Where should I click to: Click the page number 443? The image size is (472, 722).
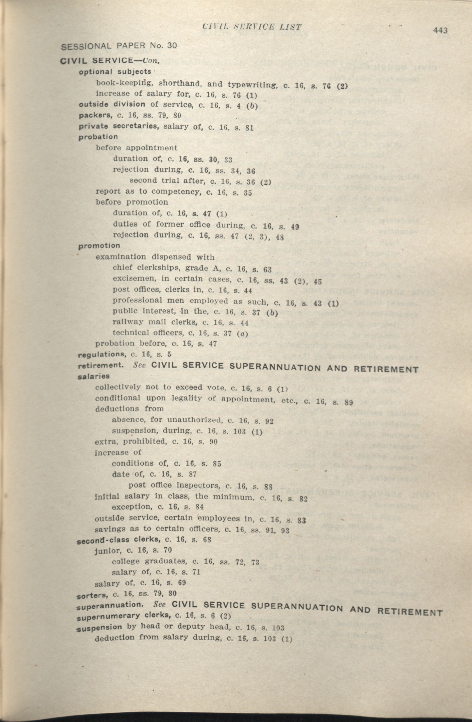click(441, 30)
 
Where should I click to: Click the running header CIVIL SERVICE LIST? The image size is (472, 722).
click(252, 27)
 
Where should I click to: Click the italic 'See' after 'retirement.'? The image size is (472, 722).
click(140, 365)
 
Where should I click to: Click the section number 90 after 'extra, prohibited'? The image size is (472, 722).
click(213, 442)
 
